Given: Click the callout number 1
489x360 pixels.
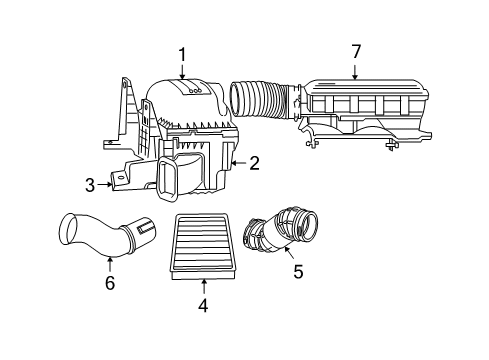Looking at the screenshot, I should pos(182,54).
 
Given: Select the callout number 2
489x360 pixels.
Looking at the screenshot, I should pos(254,162).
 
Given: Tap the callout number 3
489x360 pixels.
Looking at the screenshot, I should pos(89,184).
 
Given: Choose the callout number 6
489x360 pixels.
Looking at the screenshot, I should pos(110,284).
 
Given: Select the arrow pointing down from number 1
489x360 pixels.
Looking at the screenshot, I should pos(182,70).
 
